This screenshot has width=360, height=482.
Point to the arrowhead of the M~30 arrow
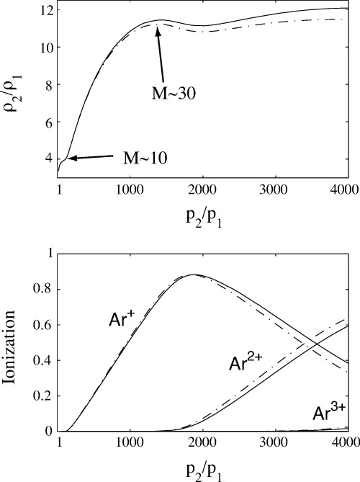point(156,27)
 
